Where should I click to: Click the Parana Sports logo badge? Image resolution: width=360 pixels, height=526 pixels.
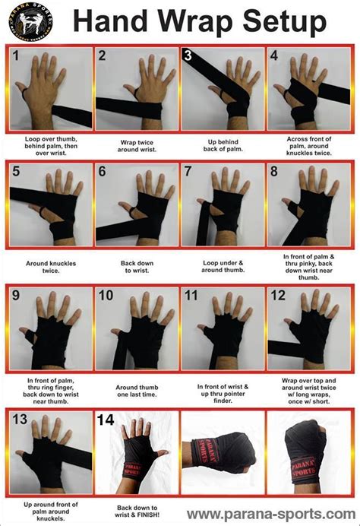pos(27,21)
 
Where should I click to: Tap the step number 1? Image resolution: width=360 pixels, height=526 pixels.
pos(15,55)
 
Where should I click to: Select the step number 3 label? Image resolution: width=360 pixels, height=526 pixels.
pos(188,55)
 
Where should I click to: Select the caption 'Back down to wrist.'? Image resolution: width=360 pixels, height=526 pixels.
pos(137,266)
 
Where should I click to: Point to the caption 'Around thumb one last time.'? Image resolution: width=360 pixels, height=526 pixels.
pos(137,389)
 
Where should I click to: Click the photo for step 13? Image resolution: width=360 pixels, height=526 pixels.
pos(51,452)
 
